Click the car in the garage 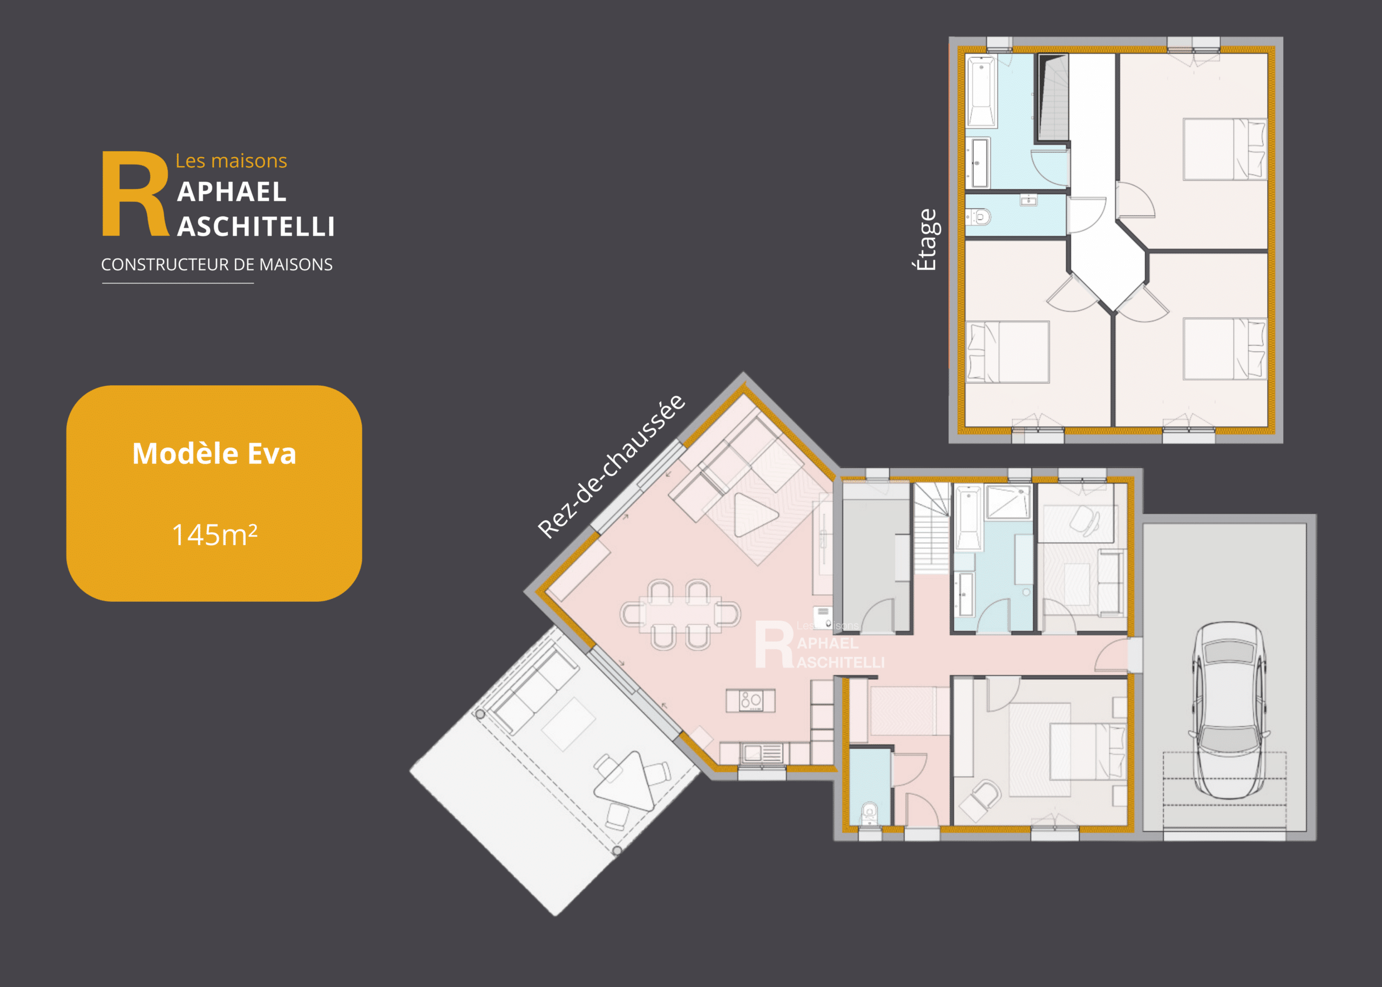1229,710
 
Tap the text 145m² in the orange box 215,535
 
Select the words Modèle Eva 214,453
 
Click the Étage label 926,240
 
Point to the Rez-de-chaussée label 611,466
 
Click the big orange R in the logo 135,193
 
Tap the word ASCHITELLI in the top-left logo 256,227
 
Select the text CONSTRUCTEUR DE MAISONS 216,264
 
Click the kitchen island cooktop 751,700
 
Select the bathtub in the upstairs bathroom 981,92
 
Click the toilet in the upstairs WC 979,216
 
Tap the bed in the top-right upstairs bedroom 1224,149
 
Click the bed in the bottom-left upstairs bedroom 1007,352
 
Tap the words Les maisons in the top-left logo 231,160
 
